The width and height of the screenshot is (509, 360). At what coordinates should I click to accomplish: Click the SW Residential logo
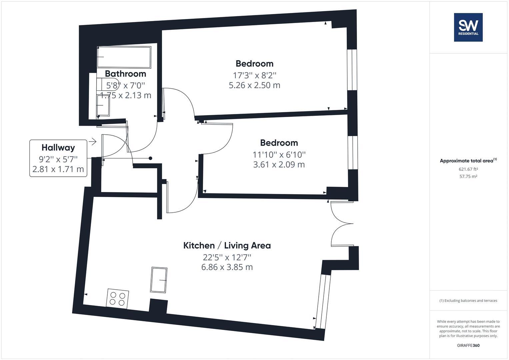click(468, 27)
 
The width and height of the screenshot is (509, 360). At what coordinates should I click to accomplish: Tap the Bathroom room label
click(125, 74)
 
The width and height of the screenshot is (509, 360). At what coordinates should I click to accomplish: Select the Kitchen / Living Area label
click(227, 246)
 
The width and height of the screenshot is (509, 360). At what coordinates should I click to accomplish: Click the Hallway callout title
click(58, 147)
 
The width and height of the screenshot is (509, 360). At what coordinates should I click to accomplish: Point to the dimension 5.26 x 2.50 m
click(254, 85)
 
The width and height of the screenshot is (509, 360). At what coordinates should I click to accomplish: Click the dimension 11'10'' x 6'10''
click(279, 155)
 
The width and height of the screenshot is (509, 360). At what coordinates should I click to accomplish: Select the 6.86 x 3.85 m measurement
click(227, 267)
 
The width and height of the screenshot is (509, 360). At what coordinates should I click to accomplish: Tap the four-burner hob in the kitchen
click(118, 298)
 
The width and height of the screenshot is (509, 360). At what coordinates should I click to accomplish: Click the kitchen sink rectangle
click(159, 280)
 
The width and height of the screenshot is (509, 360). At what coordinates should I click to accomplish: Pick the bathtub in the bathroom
click(124, 57)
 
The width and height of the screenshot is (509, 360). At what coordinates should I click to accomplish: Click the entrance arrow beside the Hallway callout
click(92, 142)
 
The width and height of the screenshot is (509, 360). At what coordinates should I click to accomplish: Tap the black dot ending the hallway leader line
click(150, 158)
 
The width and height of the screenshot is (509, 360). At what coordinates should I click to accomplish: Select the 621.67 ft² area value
click(468, 169)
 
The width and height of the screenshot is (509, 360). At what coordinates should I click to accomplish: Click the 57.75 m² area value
click(468, 177)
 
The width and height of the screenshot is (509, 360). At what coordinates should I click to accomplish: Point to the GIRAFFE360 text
click(468, 345)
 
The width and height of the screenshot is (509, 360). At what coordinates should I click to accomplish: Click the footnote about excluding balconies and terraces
click(468, 301)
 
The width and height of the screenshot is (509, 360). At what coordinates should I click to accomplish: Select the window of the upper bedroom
click(352, 70)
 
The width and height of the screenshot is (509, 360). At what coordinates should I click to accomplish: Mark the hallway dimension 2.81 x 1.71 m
click(58, 169)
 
